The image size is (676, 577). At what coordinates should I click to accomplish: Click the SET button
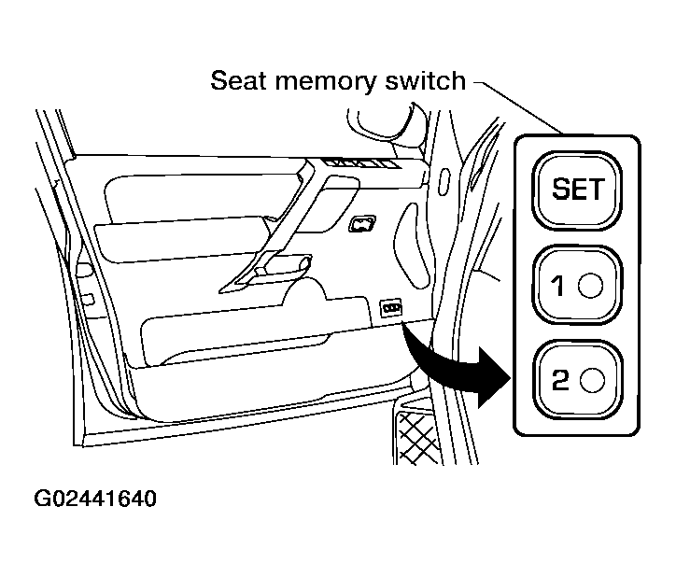coord(577,190)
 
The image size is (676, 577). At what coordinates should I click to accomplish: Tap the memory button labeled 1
coord(577,285)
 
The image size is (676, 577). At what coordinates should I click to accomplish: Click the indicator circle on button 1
coord(591,286)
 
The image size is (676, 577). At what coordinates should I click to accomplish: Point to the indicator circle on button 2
coord(592,380)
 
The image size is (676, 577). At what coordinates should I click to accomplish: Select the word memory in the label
coord(326,83)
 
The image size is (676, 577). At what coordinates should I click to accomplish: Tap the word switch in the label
coord(425,80)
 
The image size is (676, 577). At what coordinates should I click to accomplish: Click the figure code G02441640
coord(95,499)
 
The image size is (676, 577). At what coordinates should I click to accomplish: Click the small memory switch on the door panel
coord(391,308)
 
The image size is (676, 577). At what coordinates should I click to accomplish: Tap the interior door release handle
coord(362,224)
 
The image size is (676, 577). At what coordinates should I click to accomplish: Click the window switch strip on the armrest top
coord(361,163)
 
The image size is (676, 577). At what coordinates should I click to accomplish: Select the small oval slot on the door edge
coord(444,181)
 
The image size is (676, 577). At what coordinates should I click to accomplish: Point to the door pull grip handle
coord(282,268)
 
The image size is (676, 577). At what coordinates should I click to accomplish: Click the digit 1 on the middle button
coord(557,286)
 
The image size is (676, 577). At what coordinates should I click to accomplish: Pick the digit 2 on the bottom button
coord(560,380)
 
